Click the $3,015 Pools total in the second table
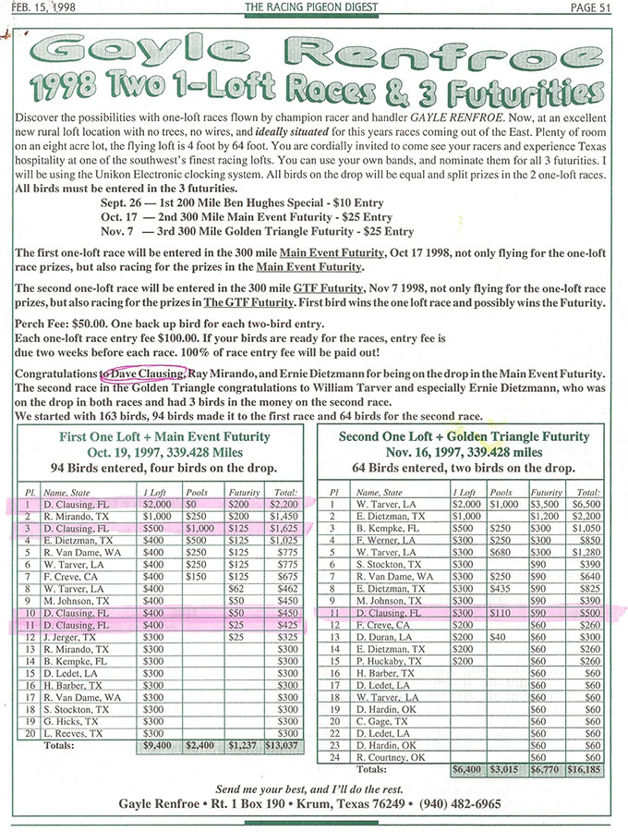coord(506,768)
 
